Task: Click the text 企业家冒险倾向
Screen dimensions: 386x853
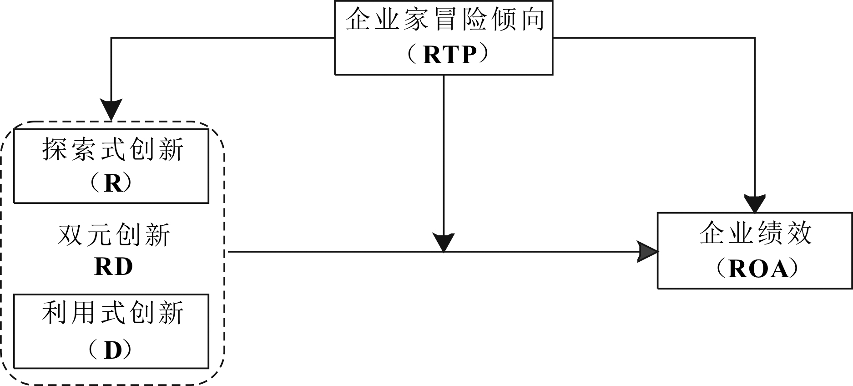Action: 444,20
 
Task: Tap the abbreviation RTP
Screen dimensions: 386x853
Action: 449,55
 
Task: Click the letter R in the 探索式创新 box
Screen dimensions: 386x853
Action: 113,184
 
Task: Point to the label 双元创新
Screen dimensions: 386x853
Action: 114,235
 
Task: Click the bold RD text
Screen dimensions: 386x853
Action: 113,267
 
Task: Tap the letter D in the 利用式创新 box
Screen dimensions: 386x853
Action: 113,350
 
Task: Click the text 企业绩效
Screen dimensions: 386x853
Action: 755,233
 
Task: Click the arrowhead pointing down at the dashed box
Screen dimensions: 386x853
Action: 111,110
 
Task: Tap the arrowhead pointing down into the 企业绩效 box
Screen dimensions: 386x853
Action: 755,203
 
